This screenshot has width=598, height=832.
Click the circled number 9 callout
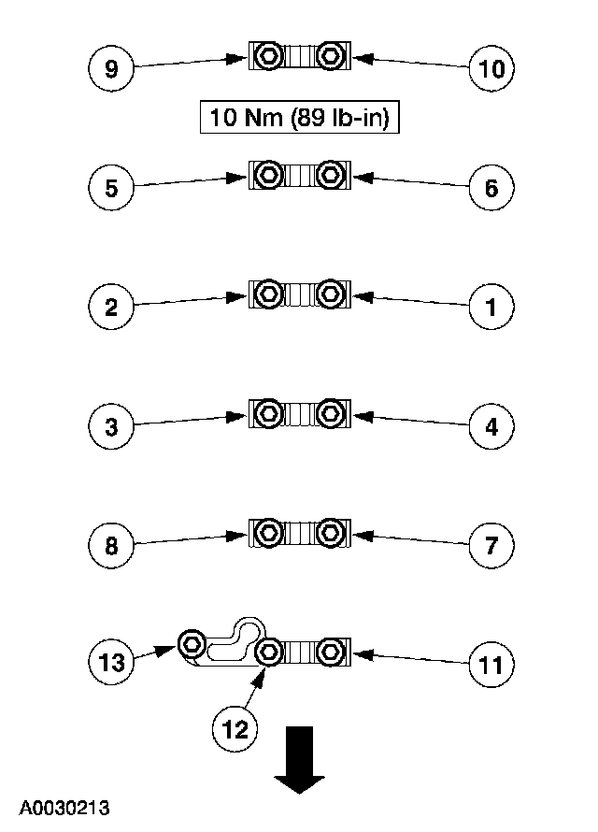[111, 70]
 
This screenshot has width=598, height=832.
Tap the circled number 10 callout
[491, 70]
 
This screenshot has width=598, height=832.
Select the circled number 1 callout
[491, 308]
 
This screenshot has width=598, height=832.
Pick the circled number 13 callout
[111, 663]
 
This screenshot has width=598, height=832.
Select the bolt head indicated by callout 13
[192, 642]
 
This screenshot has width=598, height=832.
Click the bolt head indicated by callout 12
[269, 652]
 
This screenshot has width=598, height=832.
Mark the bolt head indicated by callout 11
[329, 652]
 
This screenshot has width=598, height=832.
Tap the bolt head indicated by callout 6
[329, 175]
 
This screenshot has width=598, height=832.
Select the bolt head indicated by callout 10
[329, 56]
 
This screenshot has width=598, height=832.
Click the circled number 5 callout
[111, 189]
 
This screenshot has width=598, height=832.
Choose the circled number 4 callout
[491, 426]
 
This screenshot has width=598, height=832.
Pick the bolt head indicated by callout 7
[329, 532]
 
